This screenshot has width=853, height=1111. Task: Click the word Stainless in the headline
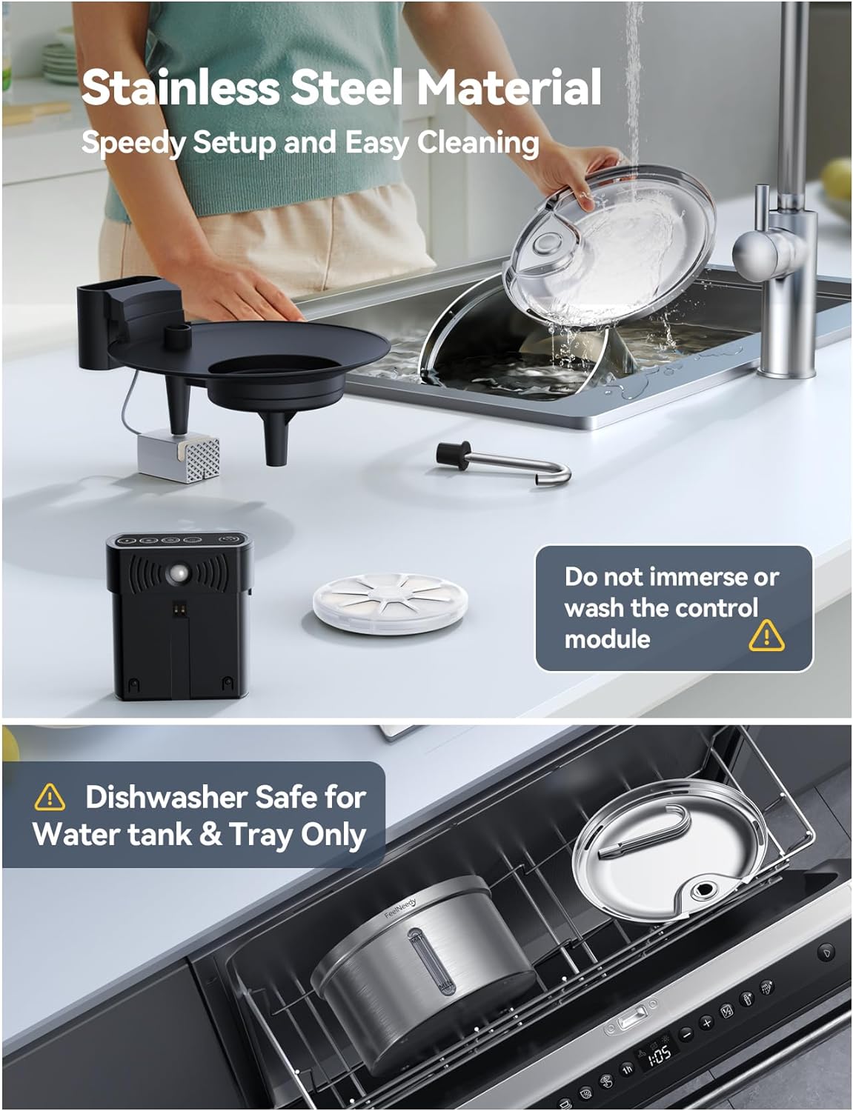pyautogui.click(x=179, y=87)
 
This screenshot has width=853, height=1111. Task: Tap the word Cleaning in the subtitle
pyautogui.click(x=478, y=142)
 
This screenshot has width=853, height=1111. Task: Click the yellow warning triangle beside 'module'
pyautogui.click(x=766, y=635)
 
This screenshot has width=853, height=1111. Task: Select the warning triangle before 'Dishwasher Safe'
pyautogui.click(x=50, y=798)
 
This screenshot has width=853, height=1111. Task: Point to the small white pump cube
pyautogui.click(x=179, y=456)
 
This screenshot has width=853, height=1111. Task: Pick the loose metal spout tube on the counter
pyautogui.click(x=504, y=464)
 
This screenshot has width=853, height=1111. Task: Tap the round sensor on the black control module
pyautogui.click(x=179, y=574)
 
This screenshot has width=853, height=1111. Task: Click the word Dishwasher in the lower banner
pyautogui.click(x=155, y=798)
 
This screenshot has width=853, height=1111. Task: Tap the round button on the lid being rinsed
pyautogui.click(x=549, y=244)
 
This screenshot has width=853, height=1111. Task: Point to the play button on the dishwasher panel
pyautogui.click(x=826, y=952)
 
